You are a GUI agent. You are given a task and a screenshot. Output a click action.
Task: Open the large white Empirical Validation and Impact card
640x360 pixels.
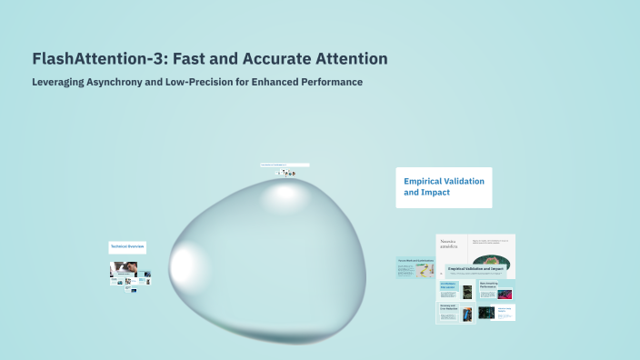pyautogui.click(x=444, y=187)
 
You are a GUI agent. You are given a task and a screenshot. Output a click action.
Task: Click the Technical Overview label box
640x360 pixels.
pyautogui.click(x=128, y=246)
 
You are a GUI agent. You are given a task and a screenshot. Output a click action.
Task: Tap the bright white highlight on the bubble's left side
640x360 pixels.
pyautogui.click(x=183, y=265)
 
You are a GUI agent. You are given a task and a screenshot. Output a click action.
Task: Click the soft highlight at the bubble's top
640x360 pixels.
pyautogui.click(x=284, y=194)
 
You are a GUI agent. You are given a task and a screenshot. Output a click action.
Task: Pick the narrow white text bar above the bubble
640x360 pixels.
pyautogui.click(x=285, y=165)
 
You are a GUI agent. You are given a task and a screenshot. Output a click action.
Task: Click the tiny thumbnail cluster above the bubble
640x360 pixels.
pyautogui.click(x=286, y=173)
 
